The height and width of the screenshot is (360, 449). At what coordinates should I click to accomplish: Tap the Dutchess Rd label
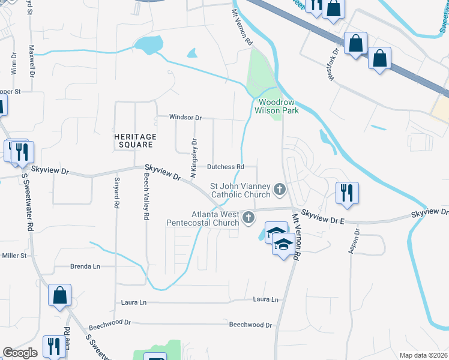(x=226, y=167)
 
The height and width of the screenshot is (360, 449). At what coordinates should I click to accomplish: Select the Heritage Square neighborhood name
(x=135, y=141)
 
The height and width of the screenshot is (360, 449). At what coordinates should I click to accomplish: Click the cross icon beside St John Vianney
(x=279, y=190)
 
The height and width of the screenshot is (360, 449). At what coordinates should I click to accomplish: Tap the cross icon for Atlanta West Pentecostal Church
(x=249, y=218)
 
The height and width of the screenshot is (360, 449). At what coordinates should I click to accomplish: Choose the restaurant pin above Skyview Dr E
(x=347, y=193)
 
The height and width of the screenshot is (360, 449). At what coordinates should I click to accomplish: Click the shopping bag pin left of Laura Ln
(x=60, y=296)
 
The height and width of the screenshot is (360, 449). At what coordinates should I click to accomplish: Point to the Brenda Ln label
(x=83, y=266)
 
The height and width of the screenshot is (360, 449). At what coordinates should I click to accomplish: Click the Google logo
(x=20, y=353)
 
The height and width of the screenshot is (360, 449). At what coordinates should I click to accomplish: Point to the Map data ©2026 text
(x=424, y=355)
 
